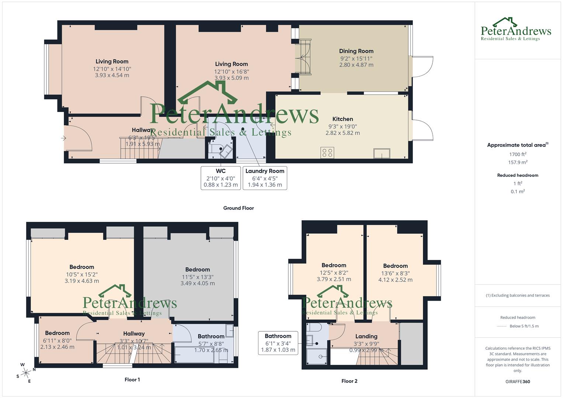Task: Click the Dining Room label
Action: pyautogui.click(x=356, y=51)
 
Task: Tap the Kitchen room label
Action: pyautogui.click(x=343, y=119)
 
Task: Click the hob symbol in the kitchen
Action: pyautogui.click(x=327, y=153)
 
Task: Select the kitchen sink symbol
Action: pyautogui.click(x=382, y=153)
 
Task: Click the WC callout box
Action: pyautogui.click(x=220, y=178)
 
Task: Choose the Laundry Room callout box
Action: pyautogui.click(x=265, y=178)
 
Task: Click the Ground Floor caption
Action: pyautogui.click(x=239, y=208)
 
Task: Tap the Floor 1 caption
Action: pyautogui.click(x=132, y=380)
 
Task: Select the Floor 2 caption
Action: pyautogui.click(x=349, y=381)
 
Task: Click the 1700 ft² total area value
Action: pyautogui.click(x=518, y=154)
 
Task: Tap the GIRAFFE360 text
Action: pyautogui.click(x=518, y=381)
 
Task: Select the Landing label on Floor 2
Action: pyautogui.click(x=366, y=336)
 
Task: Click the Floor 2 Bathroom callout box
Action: pyautogui.click(x=278, y=343)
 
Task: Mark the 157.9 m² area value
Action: pyautogui.click(x=518, y=163)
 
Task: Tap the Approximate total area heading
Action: pyautogui.click(x=517, y=145)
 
